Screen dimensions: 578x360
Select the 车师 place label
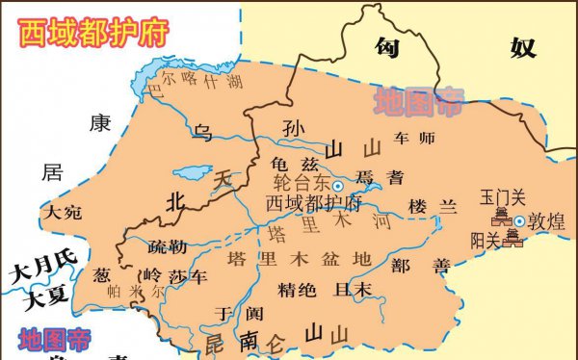pyautogui.click(x=415, y=138)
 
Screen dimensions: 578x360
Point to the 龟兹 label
pyautogui.click(x=289, y=165)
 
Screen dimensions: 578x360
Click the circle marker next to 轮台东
pyautogui.click(x=337, y=185)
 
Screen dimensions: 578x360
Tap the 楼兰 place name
pyautogui.click(x=431, y=207)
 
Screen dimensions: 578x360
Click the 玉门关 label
pyautogui.click(x=503, y=198)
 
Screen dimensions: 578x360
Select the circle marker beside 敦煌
pyautogui.click(x=519, y=221)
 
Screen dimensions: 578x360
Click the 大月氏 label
pyautogui.click(x=41, y=272)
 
